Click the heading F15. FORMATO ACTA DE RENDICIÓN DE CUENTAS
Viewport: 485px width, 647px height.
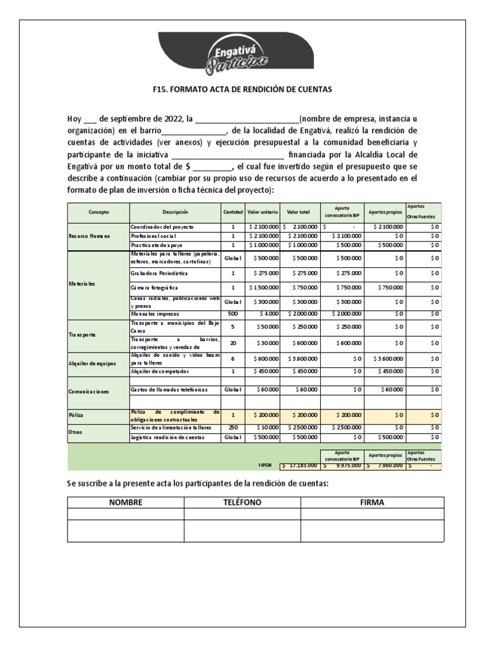[242, 90]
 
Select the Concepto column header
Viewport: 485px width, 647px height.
[99, 212]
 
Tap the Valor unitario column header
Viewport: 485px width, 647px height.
[261, 212]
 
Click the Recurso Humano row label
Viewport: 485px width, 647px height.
[90, 236]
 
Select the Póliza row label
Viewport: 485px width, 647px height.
[76, 416]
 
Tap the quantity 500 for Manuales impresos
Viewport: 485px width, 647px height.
[232, 313]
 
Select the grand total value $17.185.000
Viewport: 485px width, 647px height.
[299, 465]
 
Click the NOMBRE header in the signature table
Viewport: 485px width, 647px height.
[126, 502]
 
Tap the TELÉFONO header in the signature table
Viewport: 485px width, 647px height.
[242, 502]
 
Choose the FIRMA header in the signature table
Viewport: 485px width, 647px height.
[372, 502]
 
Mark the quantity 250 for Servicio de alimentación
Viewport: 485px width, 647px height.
[232, 428]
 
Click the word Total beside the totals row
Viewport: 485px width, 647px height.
[265, 464]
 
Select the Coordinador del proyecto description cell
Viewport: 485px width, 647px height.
[162, 226]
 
